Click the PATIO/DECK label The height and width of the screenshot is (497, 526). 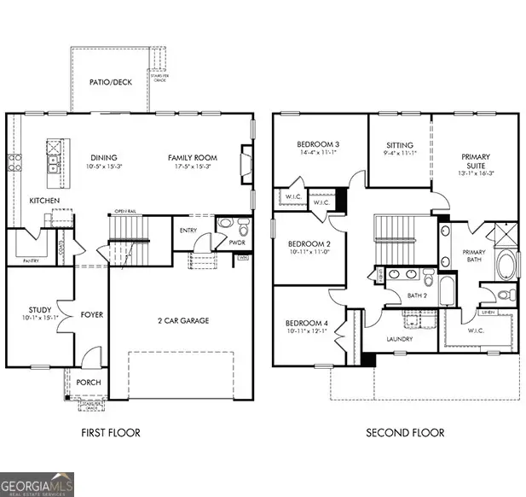coord(109,82)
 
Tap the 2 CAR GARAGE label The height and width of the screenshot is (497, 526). coord(182,321)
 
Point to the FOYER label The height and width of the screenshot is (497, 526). coord(91,315)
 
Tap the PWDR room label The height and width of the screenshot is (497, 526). coord(237,242)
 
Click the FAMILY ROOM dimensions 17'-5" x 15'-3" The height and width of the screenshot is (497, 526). coord(192,168)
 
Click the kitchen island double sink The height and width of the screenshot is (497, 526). coord(52,155)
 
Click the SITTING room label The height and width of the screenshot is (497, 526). coord(399,145)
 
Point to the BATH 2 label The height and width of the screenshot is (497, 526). coord(416,295)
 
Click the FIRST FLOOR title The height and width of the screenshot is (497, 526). coord(111,433)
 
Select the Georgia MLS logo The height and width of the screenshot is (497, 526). coord(38,483)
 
